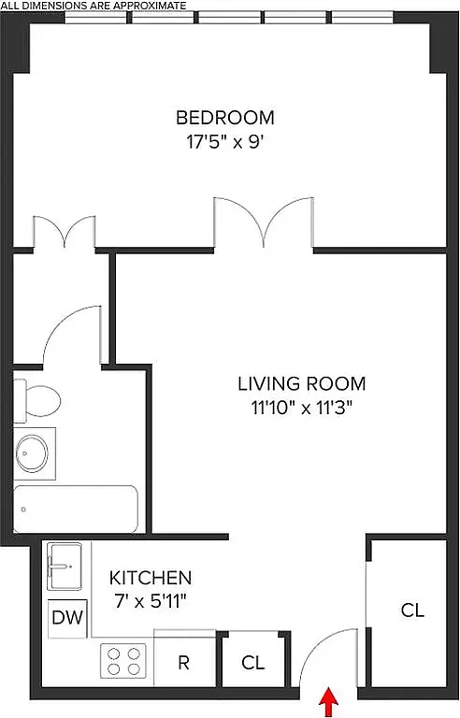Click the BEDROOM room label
click(x=225, y=118)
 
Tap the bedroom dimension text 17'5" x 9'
click(x=225, y=144)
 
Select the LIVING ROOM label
click(x=301, y=383)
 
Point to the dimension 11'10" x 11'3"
click(x=301, y=408)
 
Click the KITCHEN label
click(x=151, y=578)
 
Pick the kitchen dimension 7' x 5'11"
click(x=151, y=601)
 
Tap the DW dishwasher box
click(x=65, y=618)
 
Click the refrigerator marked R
click(x=184, y=663)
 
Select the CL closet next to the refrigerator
click(x=252, y=663)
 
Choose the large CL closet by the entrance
click(x=412, y=610)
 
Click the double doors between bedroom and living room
click(x=264, y=223)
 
